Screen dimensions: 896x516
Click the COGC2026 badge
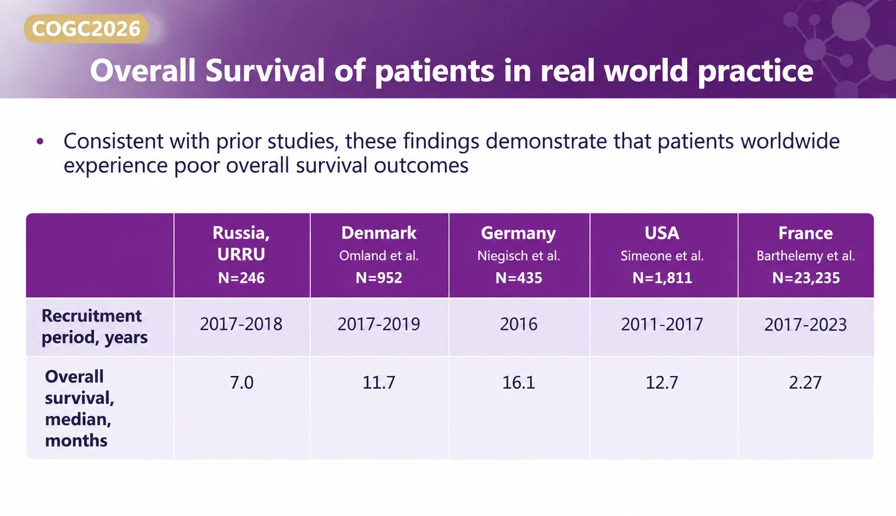(86, 29)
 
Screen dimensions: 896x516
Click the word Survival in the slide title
(265, 70)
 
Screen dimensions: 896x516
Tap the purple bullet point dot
(40, 141)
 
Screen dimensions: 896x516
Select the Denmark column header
(379, 233)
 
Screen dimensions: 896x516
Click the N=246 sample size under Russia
(241, 278)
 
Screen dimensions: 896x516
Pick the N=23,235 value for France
(805, 278)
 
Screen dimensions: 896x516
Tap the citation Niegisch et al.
(519, 256)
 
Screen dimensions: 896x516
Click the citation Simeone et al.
(662, 256)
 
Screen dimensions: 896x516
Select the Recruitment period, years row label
(94, 326)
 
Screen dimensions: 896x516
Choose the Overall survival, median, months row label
(79, 408)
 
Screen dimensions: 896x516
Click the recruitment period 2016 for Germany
(519, 324)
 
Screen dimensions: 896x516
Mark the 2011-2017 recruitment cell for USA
(662, 324)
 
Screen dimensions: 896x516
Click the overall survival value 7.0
(241, 383)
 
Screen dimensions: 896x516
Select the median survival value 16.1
(519, 383)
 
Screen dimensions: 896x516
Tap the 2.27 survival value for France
(805, 383)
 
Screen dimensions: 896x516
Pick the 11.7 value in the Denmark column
(379, 383)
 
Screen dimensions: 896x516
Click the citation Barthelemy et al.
(805, 256)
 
